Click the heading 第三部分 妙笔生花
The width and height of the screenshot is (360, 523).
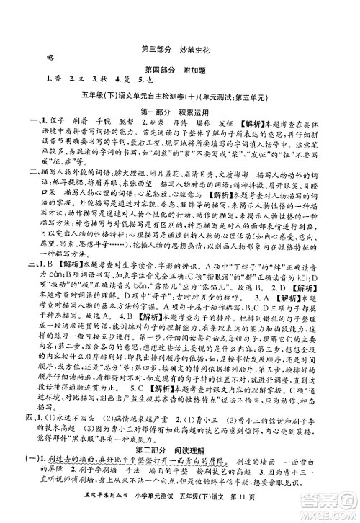tap(179, 50)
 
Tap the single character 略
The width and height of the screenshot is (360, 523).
tap(49, 59)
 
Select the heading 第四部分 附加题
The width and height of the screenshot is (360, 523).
tap(179, 70)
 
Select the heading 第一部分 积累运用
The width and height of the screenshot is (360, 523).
tap(179, 112)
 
